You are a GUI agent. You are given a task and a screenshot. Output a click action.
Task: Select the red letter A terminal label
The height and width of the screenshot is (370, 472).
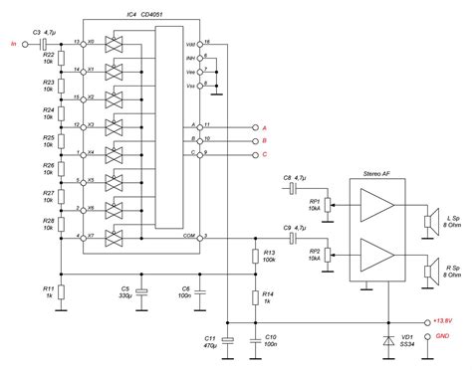[264, 128]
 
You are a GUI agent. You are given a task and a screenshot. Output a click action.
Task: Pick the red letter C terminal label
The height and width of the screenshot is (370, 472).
[264, 155]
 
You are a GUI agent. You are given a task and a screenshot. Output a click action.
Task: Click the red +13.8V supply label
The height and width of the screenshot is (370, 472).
[442, 321]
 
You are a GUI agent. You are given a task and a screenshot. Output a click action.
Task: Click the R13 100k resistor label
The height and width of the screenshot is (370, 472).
[269, 258]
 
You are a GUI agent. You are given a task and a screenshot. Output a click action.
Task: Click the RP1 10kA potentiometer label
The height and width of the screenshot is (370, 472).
[314, 205]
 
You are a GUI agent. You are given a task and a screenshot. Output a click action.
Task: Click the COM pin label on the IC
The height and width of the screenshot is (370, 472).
[189, 236]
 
